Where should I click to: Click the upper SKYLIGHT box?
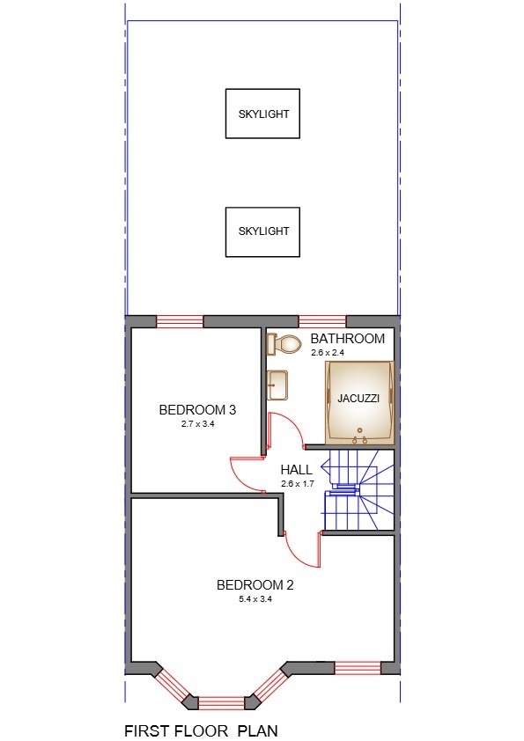(263, 114)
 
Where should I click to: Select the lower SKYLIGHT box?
(263, 231)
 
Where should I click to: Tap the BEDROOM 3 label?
(197, 409)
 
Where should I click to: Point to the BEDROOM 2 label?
(255, 584)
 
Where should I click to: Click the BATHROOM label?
(348, 339)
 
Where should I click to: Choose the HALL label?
(296, 470)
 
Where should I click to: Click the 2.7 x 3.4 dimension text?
(197, 423)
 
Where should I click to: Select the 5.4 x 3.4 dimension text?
(255, 598)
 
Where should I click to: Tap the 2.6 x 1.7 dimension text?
(297, 483)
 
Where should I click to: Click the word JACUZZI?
(358, 399)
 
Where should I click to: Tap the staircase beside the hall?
(357, 493)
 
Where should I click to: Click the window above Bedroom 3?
(180, 321)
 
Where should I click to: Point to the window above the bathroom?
(322, 321)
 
